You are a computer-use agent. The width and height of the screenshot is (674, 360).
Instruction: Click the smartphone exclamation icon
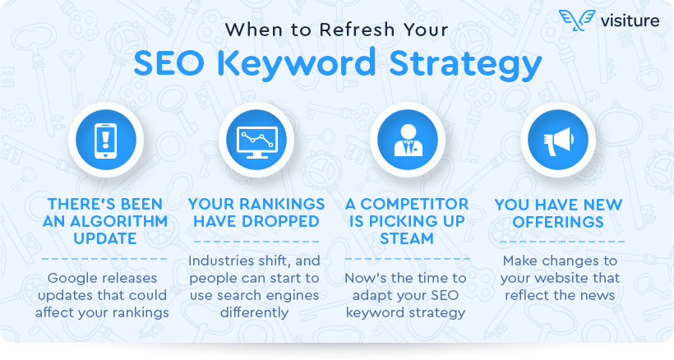click(105, 141)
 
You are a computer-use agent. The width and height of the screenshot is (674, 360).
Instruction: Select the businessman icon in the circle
click(408, 141)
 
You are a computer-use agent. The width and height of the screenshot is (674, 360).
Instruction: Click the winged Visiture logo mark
click(577, 21)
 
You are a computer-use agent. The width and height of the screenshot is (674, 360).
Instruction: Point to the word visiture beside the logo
click(630, 21)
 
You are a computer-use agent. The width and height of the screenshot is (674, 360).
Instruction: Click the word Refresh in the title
click(357, 30)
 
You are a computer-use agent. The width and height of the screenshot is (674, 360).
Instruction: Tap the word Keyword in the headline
click(296, 64)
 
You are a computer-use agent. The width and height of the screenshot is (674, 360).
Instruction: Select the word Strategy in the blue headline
click(465, 64)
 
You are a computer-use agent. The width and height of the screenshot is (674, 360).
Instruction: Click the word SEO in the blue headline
click(169, 63)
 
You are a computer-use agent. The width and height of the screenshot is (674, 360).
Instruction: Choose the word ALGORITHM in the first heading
click(119, 221)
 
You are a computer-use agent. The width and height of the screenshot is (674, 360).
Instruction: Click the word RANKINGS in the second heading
click(284, 204)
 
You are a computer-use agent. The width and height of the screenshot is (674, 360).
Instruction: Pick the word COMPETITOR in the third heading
click(414, 204)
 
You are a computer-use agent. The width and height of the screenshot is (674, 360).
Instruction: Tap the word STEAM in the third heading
click(407, 238)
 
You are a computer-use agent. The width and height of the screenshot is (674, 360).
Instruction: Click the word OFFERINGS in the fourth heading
click(558, 222)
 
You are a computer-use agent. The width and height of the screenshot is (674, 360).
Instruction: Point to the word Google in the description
click(71, 279)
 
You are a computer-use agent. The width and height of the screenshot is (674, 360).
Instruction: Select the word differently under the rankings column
click(254, 313)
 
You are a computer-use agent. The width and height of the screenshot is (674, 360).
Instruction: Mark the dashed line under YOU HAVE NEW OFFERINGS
click(562, 242)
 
